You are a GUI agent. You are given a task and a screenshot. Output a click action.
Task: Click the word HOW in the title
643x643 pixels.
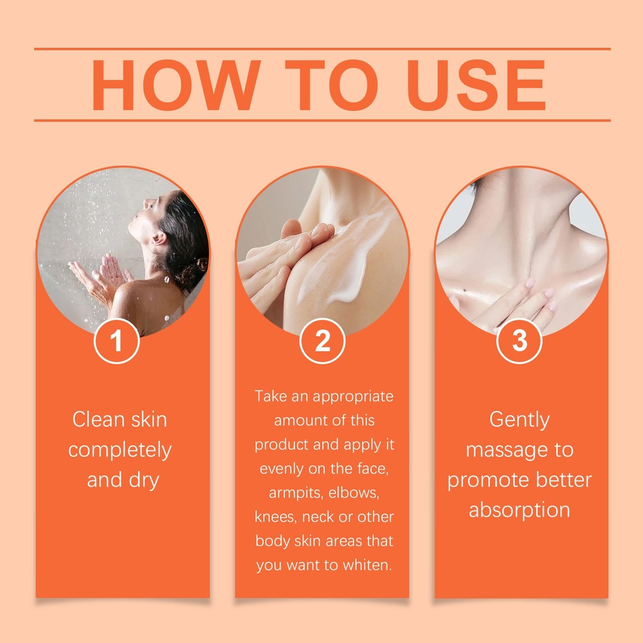[176, 85]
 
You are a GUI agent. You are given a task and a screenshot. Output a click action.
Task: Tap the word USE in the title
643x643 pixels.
[476, 85]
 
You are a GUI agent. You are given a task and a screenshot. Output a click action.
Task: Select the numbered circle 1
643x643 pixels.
[116, 341]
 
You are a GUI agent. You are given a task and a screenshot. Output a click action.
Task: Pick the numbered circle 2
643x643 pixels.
[322, 341]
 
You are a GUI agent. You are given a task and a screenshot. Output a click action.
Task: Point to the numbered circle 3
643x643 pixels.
[519, 341]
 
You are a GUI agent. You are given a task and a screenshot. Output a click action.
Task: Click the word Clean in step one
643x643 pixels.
[99, 419]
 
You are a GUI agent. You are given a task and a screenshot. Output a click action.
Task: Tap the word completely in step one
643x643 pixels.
[120, 451]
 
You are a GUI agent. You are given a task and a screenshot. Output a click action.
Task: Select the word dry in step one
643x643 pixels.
[144, 480]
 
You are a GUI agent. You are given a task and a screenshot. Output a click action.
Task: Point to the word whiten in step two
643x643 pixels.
[367, 565]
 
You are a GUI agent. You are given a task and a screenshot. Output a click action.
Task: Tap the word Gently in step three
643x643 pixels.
[519, 420]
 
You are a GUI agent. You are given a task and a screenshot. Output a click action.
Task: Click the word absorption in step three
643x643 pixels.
[519, 511]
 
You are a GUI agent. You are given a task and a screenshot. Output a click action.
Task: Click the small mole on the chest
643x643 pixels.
[465, 291]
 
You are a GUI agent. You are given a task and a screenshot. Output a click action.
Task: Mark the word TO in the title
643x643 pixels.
[332, 85]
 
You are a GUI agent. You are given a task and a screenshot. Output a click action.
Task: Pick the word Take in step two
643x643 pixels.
[271, 396]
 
